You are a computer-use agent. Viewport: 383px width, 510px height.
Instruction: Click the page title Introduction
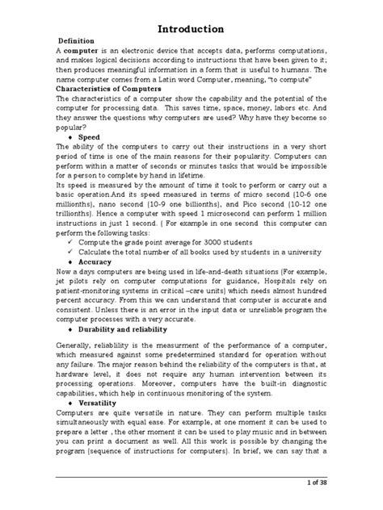click(x=191, y=29)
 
